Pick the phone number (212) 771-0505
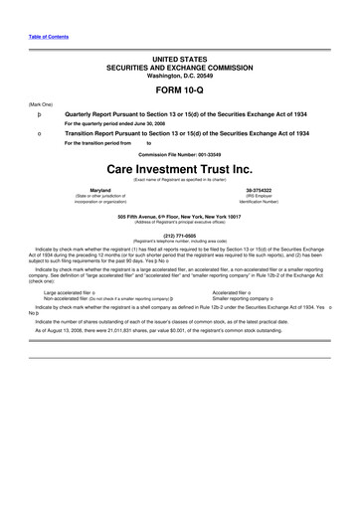click(180, 236)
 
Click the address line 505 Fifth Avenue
click(180, 216)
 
